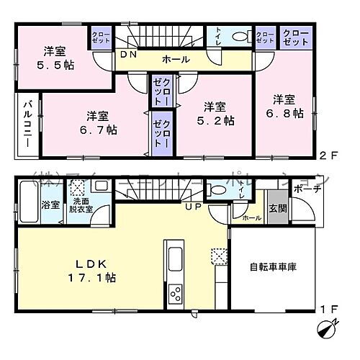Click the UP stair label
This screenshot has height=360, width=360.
pos(195,207)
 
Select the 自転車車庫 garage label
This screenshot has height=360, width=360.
pos(273,266)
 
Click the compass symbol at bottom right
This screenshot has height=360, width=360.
pos(326,330)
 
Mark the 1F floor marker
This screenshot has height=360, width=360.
pos(327,310)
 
